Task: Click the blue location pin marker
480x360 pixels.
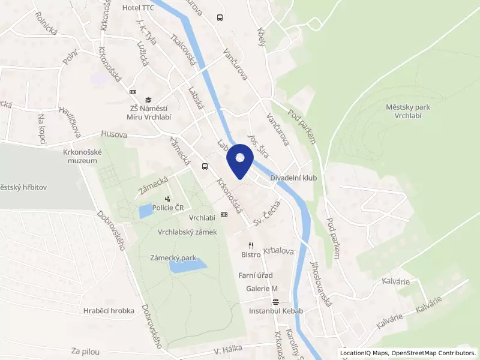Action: tap(240, 160)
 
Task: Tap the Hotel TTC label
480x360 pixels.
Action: tap(137, 8)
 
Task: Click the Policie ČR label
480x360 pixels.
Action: tap(167, 208)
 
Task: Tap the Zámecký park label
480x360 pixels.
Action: tap(173, 257)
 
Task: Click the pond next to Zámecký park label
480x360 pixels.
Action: tap(188, 266)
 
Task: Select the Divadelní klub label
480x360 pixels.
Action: tap(293, 178)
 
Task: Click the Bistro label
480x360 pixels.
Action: tap(251, 255)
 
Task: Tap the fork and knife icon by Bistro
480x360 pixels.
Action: tap(251, 245)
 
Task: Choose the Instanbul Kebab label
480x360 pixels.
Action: tap(276, 311)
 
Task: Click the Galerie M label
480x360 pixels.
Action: tap(262, 289)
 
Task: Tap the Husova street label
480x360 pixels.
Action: tap(114, 134)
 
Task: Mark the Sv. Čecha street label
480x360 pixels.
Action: tap(267, 213)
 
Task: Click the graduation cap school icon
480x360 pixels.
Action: tap(148, 100)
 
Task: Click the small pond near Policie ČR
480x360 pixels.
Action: tap(145, 211)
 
